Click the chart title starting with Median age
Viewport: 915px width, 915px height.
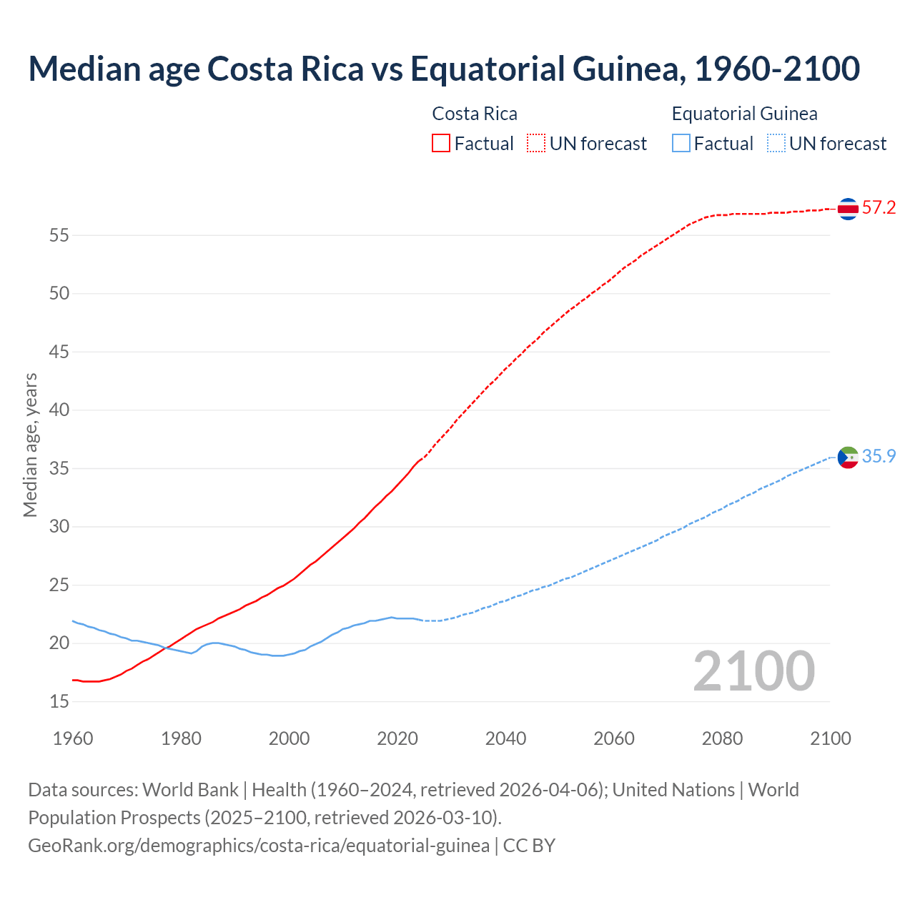click(x=443, y=69)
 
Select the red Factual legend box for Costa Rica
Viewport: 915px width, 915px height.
click(x=441, y=144)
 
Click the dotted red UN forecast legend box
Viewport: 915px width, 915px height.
click(x=536, y=144)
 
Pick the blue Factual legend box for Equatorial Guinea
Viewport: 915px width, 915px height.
click(x=681, y=144)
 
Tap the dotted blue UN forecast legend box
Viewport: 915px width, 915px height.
click(x=776, y=144)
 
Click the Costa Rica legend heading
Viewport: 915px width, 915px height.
click(x=475, y=114)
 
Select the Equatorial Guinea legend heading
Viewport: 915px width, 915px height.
click(x=744, y=114)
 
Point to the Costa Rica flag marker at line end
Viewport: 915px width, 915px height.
click(x=848, y=209)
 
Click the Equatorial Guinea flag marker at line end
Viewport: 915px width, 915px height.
click(x=848, y=457)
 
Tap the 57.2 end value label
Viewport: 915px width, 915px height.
click(x=879, y=208)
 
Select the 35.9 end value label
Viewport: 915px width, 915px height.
click(x=879, y=456)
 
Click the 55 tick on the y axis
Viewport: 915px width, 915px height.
click(x=59, y=235)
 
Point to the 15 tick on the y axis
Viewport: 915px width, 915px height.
click(x=59, y=702)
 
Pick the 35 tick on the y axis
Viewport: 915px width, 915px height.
click(x=59, y=469)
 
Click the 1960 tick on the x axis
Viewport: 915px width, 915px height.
click(x=73, y=738)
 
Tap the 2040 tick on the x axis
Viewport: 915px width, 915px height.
click(x=505, y=738)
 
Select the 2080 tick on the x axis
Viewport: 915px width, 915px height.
click(x=722, y=738)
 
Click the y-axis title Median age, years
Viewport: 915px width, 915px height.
click(x=30, y=445)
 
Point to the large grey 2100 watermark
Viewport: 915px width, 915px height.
click(x=753, y=671)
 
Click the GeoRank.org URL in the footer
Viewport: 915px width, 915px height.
click(x=259, y=846)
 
